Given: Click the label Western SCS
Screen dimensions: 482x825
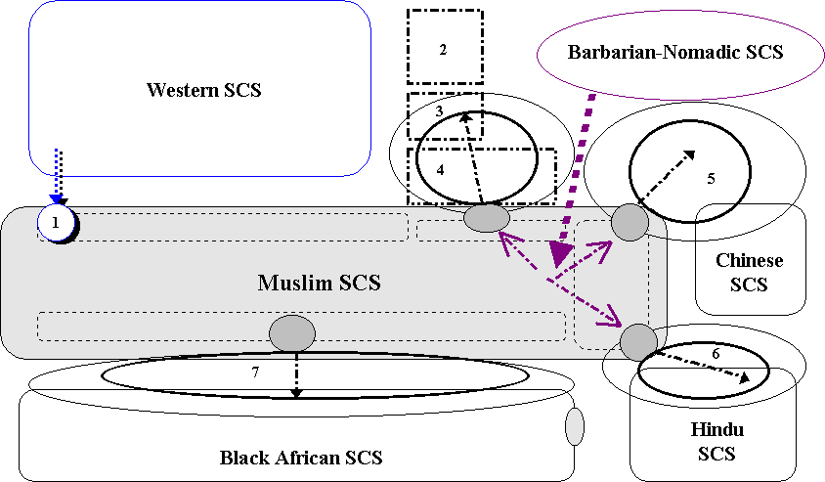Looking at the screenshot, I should (204, 91).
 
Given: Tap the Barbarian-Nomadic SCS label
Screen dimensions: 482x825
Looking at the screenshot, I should (675, 52).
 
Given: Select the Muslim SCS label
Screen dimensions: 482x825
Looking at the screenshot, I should (319, 284).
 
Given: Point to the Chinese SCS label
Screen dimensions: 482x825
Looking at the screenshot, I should (749, 273).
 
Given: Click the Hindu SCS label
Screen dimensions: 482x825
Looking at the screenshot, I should (717, 442).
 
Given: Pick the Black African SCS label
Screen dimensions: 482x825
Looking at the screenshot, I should (301, 457).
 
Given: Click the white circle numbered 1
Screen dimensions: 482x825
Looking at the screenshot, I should (56, 224).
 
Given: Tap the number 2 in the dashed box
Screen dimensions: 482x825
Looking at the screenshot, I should (443, 49).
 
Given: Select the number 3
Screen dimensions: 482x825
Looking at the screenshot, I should (440, 111).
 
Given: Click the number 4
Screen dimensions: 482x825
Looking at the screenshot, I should (441, 169).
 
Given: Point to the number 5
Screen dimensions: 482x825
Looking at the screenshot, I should (711, 179).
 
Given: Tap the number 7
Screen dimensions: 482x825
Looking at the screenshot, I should (254, 372).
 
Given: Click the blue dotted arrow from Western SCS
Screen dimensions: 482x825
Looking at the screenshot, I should (59, 176).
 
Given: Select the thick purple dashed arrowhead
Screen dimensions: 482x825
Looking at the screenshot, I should (560, 253).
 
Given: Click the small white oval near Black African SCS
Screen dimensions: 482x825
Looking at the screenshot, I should (575, 426).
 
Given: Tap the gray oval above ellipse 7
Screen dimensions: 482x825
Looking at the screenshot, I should (292, 333).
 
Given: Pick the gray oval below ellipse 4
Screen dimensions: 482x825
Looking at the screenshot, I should (486, 218).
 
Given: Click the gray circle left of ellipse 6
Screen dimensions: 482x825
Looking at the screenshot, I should (638, 341).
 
